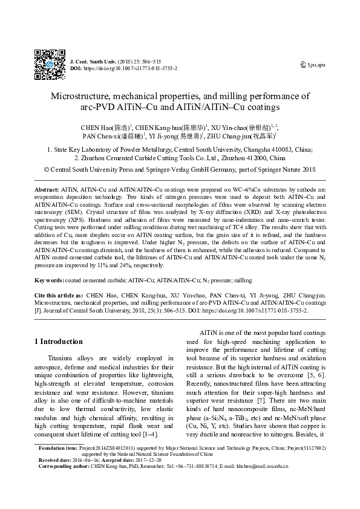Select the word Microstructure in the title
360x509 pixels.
[x=78, y=96]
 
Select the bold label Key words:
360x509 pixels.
[x=49, y=280]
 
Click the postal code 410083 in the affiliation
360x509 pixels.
[x=284, y=150]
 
